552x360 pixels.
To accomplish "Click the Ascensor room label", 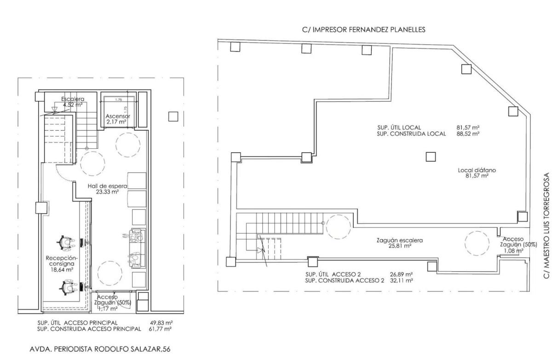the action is coord(118,119).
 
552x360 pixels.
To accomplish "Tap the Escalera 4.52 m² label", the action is coord(73,102).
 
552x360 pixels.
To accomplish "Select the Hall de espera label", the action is coord(108,189).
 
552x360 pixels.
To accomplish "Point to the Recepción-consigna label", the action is coord(62,264).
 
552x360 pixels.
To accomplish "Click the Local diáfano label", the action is coord(477,173).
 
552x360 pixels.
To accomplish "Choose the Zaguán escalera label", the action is coord(400,243).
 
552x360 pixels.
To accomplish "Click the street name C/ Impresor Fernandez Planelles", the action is coord(364,30).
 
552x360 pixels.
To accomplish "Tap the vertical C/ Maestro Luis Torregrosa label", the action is coord(546,226).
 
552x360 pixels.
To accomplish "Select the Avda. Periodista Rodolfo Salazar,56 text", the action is coord(100,349).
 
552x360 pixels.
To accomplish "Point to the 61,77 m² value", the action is coord(160,329).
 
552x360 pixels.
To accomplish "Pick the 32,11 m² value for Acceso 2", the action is coord(402,280).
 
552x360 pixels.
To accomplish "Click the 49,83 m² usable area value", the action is coord(161,323).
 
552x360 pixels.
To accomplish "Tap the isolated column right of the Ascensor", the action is coord(173,116).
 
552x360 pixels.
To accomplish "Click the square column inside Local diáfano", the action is coord(431,157).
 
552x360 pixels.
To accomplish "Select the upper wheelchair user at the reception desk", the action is coord(66,243).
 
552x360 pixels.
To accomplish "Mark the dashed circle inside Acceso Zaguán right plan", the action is coord(477,244).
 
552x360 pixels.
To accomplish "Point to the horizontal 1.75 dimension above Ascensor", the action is coord(119,99).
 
